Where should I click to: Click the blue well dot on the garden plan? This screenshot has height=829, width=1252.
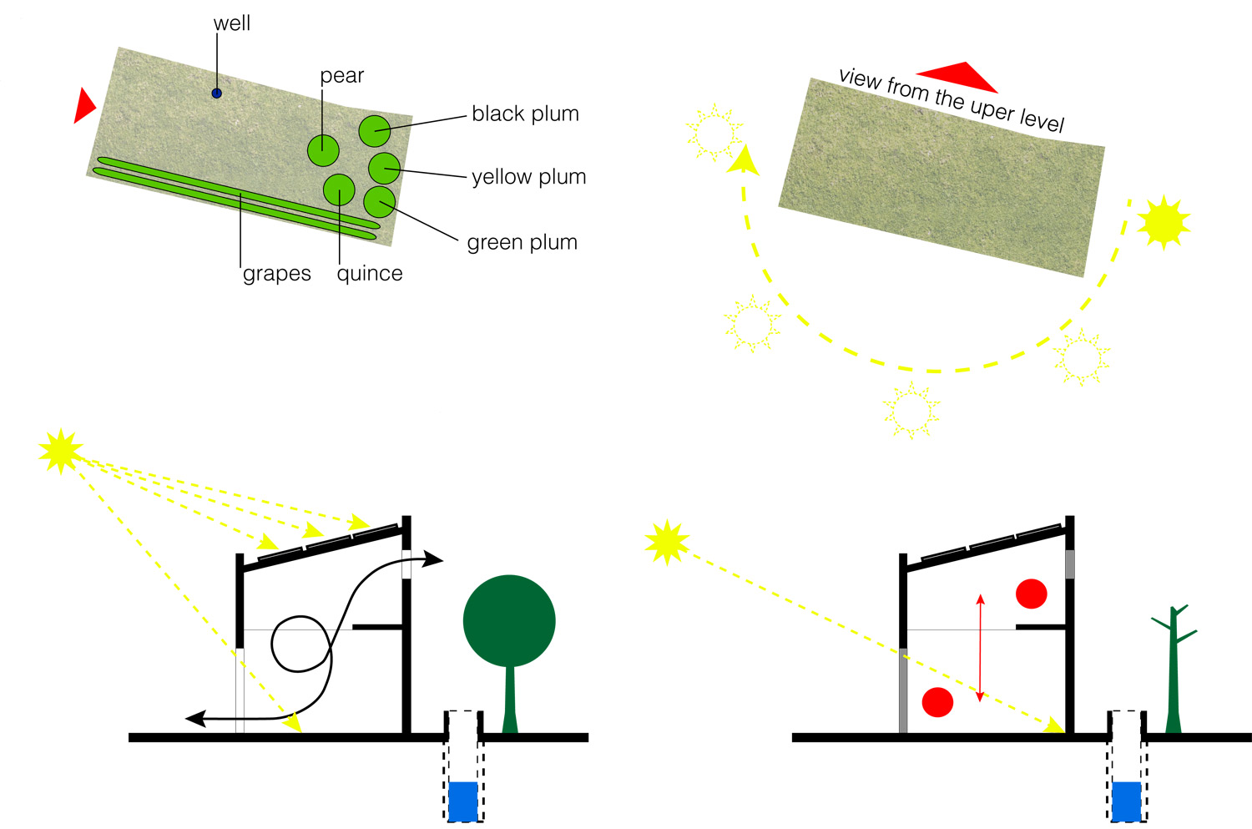pos(216,94)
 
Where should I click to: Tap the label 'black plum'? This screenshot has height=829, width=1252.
pos(525,114)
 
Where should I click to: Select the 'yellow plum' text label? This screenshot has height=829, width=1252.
pos(528,177)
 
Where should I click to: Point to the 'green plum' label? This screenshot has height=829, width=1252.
pos(522,242)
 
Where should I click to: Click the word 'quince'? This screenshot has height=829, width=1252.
pos(370,274)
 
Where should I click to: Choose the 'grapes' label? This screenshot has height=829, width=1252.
pos(276,274)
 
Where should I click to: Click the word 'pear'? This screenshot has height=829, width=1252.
pos(342,76)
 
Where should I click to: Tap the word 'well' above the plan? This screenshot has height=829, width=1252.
pos(231,23)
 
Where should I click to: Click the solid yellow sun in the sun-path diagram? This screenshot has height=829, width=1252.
pos(1163,222)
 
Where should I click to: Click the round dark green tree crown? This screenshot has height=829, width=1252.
pos(509,620)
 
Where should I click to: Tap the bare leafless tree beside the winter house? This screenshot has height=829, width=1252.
pos(1174,668)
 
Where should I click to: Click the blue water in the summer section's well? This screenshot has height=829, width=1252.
pos(463,801)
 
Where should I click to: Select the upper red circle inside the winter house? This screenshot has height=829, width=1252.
pos(1032,594)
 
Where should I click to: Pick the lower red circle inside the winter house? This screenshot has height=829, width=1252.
pos(937,702)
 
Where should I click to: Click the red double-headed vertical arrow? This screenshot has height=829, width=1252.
pos(980,648)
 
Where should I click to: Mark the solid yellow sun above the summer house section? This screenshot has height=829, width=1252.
pos(61,451)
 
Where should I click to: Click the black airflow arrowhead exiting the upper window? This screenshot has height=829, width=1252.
pos(433,559)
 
